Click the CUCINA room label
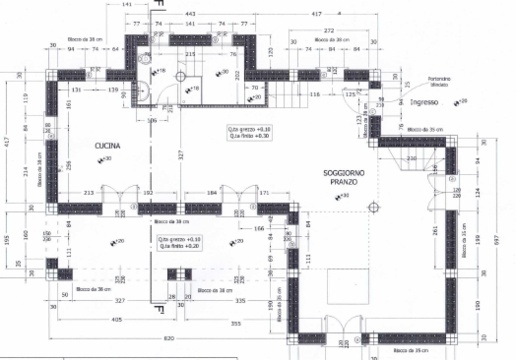[x=109, y=146]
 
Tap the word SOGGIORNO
[x=343, y=174]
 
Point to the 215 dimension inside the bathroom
[x=189, y=53]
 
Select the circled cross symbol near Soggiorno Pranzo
[x=374, y=209]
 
